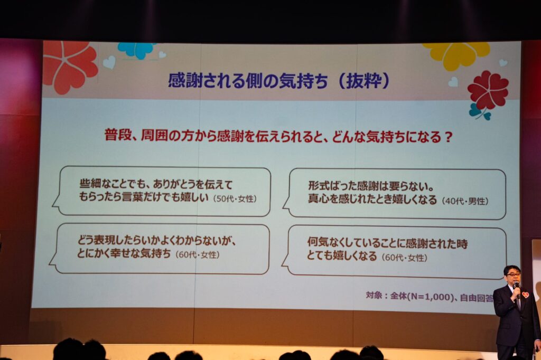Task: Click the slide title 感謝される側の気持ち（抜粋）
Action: point(279,81)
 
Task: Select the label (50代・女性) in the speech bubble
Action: point(235,199)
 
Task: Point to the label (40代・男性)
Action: point(465,201)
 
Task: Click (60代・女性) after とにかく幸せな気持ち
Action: point(198,255)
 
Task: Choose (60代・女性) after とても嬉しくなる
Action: point(404,257)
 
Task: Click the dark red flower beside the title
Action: point(488,90)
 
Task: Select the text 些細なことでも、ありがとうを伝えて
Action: point(156,184)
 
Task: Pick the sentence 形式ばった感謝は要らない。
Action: point(371,186)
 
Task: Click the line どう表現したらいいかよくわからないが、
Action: point(156,240)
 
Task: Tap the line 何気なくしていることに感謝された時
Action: point(387,243)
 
